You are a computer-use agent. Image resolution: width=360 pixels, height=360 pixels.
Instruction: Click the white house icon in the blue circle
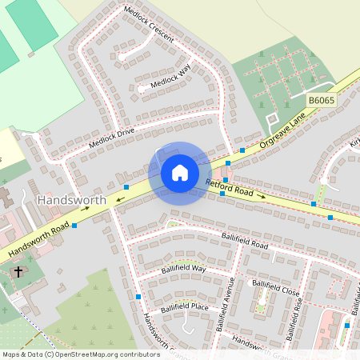(180, 173)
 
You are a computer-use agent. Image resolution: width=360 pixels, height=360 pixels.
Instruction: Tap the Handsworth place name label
(71, 198)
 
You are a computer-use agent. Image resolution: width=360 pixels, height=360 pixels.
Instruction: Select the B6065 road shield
(322, 101)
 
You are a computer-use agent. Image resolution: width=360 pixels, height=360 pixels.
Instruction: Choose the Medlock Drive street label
(112, 138)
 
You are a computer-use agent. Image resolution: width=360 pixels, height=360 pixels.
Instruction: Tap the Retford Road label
(229, 189)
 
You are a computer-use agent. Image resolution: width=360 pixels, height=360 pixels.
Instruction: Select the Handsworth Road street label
(39, 241)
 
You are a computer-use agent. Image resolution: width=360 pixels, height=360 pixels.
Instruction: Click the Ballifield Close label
(276, 287)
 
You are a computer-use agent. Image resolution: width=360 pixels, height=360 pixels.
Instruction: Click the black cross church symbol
(18, 272)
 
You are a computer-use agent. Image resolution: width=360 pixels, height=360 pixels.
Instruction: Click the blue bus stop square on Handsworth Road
(74, 226)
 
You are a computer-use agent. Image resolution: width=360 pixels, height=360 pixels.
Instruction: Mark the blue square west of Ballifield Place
(138, 297)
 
